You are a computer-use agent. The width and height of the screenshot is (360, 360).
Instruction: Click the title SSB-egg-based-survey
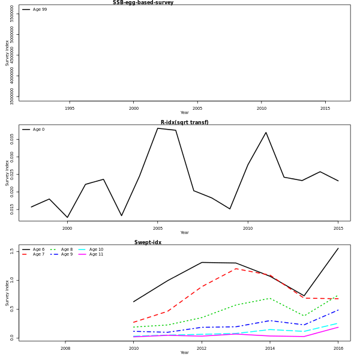tap(143, 2)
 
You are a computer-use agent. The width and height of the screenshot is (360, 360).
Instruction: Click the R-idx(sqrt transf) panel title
tap(184, 122)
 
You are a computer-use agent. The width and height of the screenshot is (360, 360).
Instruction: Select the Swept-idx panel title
tap(148, 242)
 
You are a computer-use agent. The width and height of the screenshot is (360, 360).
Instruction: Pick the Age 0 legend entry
tap(38, 130)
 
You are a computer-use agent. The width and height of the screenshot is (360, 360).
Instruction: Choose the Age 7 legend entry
tap(38, 254)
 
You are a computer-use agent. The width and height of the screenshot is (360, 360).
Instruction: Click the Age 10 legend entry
tap(96, 250)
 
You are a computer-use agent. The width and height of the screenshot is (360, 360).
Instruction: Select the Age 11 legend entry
tap(96, 254)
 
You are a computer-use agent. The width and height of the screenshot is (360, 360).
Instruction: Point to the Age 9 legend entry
tap(67, 254)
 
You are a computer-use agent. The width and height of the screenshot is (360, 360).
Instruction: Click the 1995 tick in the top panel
tap(70, 109)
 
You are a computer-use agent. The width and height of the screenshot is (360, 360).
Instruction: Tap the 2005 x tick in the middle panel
tap(158, 229)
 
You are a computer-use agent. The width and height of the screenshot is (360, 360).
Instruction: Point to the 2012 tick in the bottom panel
tap(202, 349)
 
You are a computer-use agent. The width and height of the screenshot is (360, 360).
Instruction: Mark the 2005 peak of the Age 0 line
tap(158, 128)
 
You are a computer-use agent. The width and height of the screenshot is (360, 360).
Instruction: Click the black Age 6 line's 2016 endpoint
tap(338, 248)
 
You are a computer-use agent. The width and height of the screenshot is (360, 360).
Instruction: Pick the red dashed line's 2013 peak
tap(236, 268)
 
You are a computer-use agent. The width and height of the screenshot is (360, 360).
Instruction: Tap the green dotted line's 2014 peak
tap(270, 298)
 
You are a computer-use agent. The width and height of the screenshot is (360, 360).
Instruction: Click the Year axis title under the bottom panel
tap(184, 353)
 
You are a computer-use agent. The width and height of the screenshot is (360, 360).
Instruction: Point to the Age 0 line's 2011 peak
tap(266, 133)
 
